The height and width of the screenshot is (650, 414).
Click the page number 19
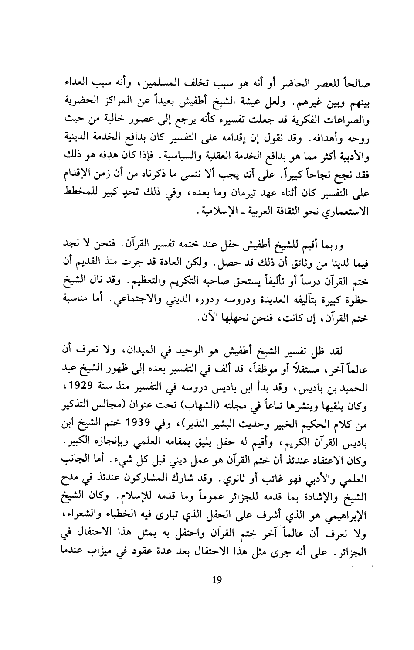click(x=217, y=628)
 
